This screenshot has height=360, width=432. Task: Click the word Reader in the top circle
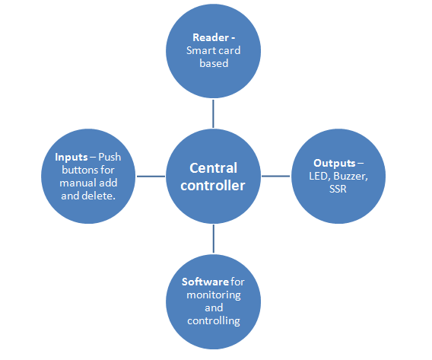tap(211, 37)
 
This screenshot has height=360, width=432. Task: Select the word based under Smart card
tap(214, 63)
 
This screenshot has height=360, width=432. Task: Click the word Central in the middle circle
tap(213, 168)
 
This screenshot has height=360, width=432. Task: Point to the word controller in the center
tap(213, 185)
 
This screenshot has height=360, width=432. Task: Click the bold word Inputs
tap(71, 158)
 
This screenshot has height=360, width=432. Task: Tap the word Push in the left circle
tap(110, 157)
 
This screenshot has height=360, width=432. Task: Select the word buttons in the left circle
tap(77, 170)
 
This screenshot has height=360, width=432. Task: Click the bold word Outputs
tap(334, 164)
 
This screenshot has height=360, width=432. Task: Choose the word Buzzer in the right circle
tap(351, 177)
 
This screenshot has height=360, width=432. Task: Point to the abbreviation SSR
tap(338, 189)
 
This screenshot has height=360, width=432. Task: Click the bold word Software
tap(205, 282)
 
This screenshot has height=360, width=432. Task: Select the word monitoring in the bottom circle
tap(214, 295)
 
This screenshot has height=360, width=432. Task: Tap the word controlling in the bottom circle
tap(214, 321)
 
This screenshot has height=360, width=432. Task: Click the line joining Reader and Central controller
tap(213, 113)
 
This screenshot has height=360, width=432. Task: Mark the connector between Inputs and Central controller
tap(151, 176)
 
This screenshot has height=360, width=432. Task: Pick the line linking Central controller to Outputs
tap(275, 176)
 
